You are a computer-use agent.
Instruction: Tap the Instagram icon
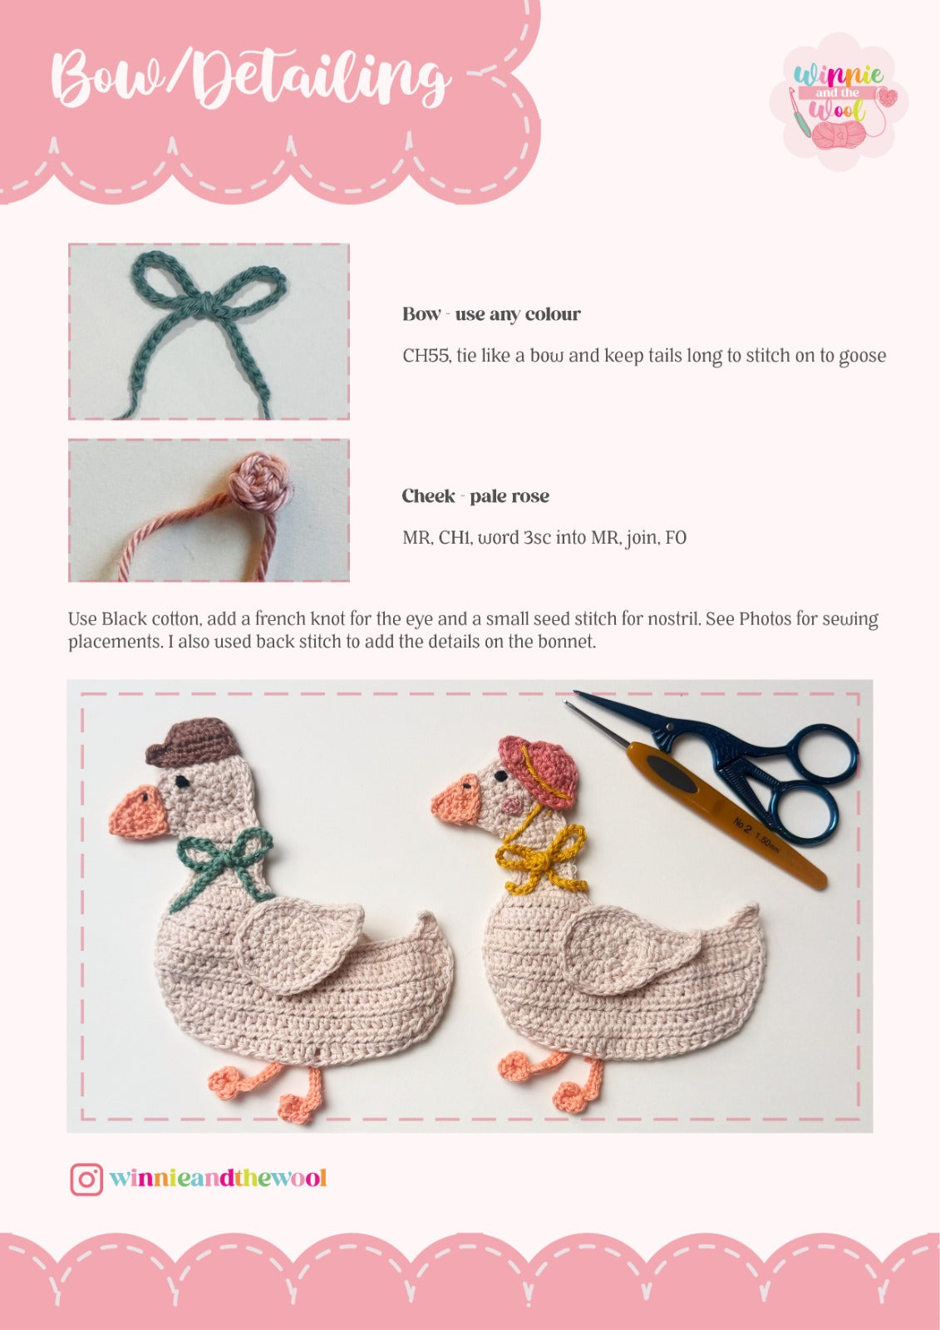[86, 1179]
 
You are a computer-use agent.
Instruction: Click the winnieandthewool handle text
[218, 1179]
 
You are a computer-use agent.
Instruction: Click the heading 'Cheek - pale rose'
[475, 496]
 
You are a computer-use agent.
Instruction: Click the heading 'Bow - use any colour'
[491, 314]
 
